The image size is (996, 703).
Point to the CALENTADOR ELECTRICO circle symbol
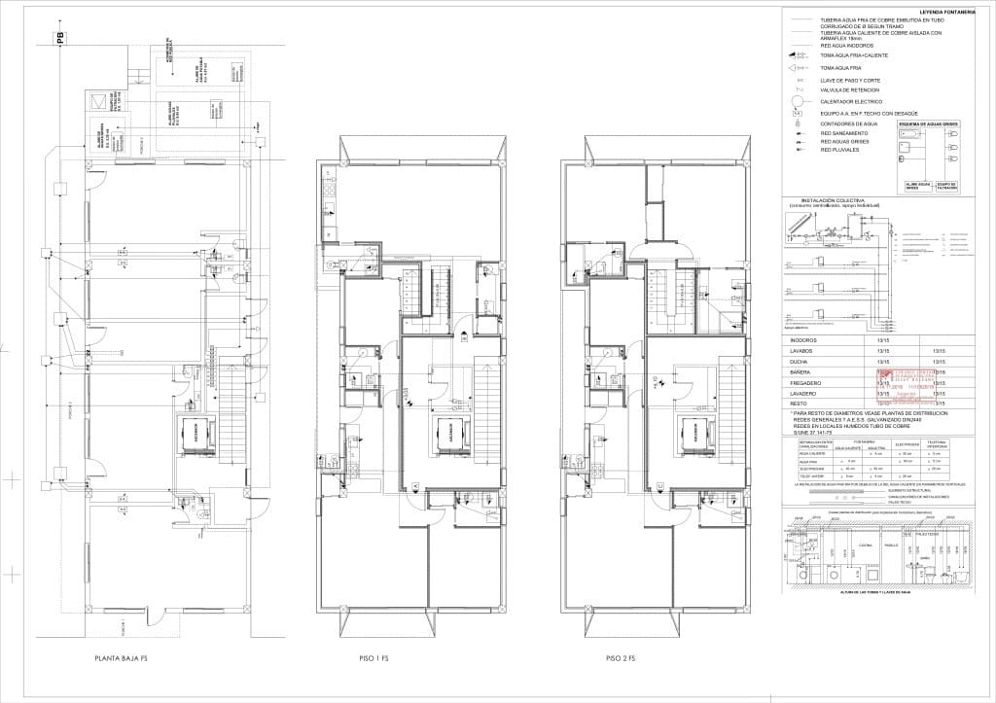pyautogui.click(x=798, y=100)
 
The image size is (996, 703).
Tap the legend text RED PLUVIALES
pyautogui.click(x=840, y=150)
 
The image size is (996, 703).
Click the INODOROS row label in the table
pyautogui.click(x=803, y=341)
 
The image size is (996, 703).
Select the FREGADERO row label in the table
pyautogui.click(x=806, y=383)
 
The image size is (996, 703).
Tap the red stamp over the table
pyautogui.click(x=905, y=386)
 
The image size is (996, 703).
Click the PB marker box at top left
pyautogui.click(x=59, y=39)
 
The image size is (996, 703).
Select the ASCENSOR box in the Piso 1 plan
pyautogui.click(x=449, y=434)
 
